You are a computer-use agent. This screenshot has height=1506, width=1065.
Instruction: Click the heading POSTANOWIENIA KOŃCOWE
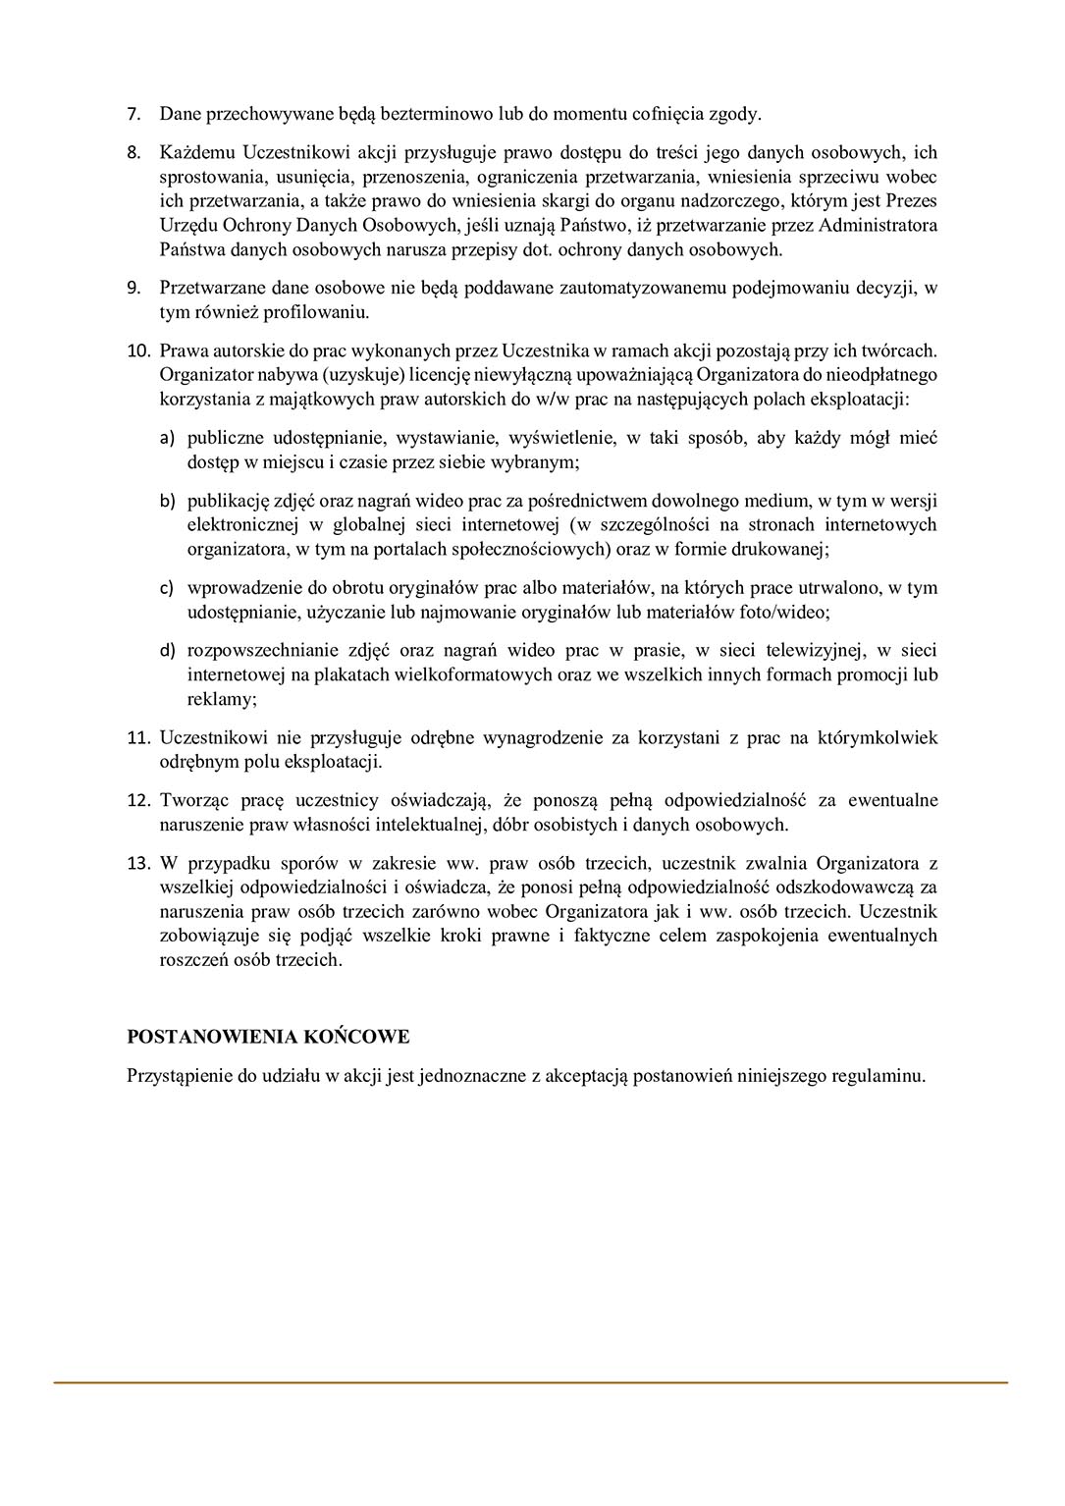click(268, 1037)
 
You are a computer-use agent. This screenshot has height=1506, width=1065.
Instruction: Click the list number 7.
click(133, 115)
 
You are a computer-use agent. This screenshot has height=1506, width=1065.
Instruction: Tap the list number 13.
click(137, 864)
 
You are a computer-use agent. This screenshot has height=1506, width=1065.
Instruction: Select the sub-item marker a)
click(167, 438)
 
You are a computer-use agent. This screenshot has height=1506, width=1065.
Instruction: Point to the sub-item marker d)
click(167, 651)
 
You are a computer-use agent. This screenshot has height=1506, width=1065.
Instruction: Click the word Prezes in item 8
click(911, 201)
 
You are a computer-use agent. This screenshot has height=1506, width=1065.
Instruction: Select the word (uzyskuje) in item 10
click(348, 375)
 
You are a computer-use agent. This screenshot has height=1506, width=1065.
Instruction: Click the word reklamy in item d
click(220, 699)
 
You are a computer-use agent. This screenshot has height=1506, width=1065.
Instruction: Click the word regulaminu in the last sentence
click(876, 1075)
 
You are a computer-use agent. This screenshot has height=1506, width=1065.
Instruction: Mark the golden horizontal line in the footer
click(530, 1382)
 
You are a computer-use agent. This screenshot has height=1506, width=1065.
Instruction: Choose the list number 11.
click(137, 738)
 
